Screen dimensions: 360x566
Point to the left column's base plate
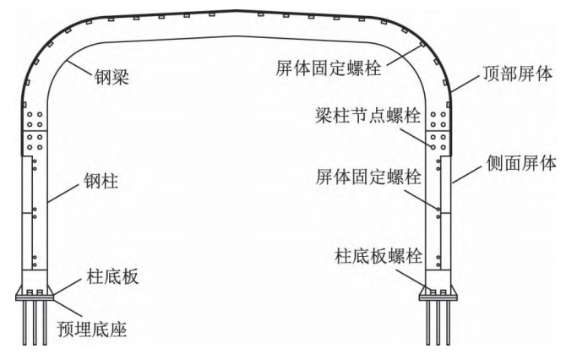[x=35, y=292]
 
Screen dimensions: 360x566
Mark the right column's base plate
[x=437, y=292]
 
